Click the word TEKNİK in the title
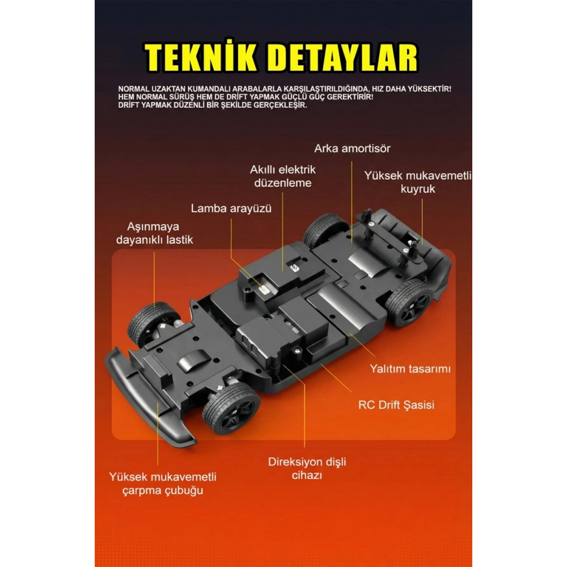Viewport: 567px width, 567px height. [x=200, y=58]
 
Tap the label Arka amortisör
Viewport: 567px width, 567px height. [x=352, y=149]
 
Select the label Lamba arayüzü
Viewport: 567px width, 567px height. [x=231, y=209]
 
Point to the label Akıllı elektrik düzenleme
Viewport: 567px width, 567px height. [x=283, y=176]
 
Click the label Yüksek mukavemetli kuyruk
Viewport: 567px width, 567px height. [x=418, y=182]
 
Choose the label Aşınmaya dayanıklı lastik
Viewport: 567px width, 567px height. [x=154, y=233]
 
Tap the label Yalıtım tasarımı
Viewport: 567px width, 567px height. [x=410, y=369]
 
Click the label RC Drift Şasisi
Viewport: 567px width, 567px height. [x=396, y=405]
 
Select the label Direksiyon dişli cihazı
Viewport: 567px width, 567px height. [x=307, y=468]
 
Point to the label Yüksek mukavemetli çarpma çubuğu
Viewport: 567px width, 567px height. [x=163, y=484]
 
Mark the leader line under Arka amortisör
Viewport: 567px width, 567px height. [x=352, y=202]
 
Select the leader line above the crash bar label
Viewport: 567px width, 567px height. [x=158, y=433]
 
